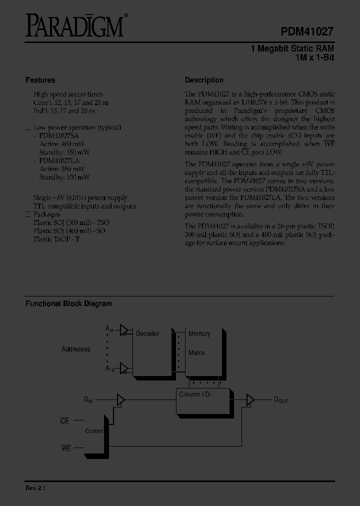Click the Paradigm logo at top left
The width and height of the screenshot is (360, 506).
coord(74,26)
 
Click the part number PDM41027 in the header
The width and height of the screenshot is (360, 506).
coord(307,30)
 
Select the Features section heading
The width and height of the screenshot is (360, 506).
coord(40,80)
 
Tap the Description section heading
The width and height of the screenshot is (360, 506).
coord(204,80)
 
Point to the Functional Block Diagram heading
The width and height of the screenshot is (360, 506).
coord(68,303)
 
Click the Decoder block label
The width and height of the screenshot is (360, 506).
coord(147,333)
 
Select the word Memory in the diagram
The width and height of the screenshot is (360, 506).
coord(199,333)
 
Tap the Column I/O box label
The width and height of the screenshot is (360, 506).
coord(195,394)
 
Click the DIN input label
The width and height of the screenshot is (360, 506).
coord(88,400)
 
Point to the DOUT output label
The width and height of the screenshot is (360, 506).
coord(280,400)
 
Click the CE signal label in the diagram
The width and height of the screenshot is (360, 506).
coord(65,421)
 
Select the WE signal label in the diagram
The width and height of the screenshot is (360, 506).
coord(66,448)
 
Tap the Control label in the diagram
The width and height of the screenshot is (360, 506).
coord(94,431)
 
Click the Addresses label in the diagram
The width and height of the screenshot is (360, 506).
coord(76,349)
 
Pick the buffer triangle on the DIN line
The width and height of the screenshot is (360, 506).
coord(120,399)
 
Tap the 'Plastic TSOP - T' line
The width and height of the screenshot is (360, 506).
coord(56,239)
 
